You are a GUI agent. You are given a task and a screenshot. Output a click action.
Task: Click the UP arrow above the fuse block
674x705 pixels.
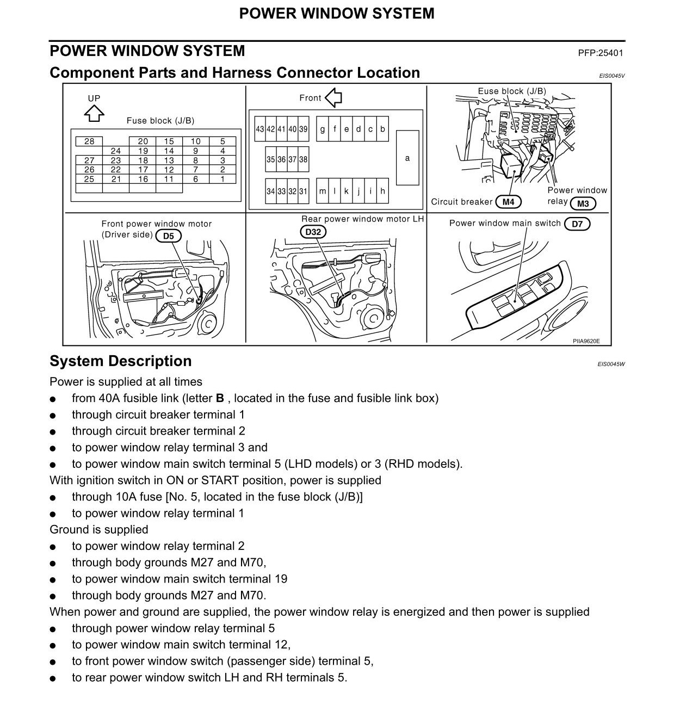94,114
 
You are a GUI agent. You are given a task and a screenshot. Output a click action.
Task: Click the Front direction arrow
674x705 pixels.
333,98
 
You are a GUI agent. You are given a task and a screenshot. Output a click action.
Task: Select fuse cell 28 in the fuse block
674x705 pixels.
89,141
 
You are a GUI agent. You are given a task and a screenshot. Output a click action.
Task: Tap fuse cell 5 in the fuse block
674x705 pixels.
222,141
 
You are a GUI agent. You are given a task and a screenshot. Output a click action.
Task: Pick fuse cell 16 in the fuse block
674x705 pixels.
143,179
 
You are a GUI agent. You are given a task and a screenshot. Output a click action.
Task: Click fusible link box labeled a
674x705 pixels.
407,158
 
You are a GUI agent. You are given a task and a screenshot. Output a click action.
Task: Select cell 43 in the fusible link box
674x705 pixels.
260,129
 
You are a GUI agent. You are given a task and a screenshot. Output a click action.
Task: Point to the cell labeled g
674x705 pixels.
323,129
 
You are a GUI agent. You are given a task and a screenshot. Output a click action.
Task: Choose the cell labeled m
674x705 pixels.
323,191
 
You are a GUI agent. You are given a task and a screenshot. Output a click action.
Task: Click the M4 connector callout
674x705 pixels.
508,202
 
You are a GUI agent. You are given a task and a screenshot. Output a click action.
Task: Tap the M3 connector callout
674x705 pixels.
583,204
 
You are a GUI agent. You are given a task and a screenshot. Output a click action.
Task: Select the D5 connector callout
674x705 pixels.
169,236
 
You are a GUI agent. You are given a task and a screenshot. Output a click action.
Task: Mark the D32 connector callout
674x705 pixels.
313,232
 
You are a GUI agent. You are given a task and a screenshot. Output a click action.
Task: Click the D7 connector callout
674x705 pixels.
577,224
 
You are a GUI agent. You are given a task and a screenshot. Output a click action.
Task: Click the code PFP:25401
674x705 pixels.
601,53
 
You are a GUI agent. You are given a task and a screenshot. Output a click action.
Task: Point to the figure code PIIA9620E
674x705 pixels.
586,341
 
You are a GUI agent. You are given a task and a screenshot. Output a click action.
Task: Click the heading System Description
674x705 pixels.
121,361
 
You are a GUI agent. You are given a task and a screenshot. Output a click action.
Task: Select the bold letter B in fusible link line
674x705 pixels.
220,398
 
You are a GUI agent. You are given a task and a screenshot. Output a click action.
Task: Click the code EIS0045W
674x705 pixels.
611,364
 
